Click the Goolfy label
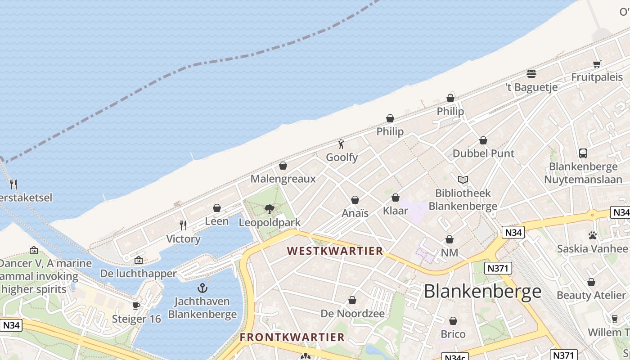click(342, 157)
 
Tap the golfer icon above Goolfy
click(341, 144)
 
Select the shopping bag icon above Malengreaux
click(283, 166)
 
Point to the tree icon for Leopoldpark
click(270, 209)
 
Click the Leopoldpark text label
click(270, 222)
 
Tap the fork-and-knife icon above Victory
click(183, 225)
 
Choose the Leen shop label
click(217, 221)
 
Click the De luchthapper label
click(138, 274)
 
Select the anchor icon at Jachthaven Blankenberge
click(202, 288)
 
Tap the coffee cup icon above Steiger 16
click(136, 306)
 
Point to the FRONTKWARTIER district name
click(292, 337)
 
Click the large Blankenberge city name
click(482, 291)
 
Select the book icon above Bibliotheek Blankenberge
click(463, 180)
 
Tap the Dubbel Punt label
click(483, 153)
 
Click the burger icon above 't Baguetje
click(531, 74)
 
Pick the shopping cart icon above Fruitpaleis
click(597, 64)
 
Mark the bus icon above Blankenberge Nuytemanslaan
click(583, 153)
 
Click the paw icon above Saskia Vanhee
click(592, 235)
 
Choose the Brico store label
click(453, 334)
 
